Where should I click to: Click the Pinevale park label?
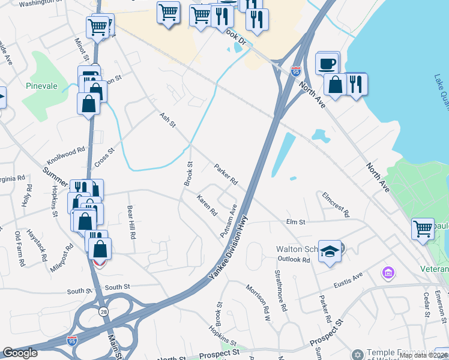coord(41,86)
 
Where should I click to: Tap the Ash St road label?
coord(167,119)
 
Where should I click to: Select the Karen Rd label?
coord(206,205)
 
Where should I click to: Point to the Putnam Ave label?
coord(229,220)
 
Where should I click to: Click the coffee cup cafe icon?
coord(327,62)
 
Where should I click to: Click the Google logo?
coord(20,353)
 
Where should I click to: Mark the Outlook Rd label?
coord(294,259)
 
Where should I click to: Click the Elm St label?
coord(296,222)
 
